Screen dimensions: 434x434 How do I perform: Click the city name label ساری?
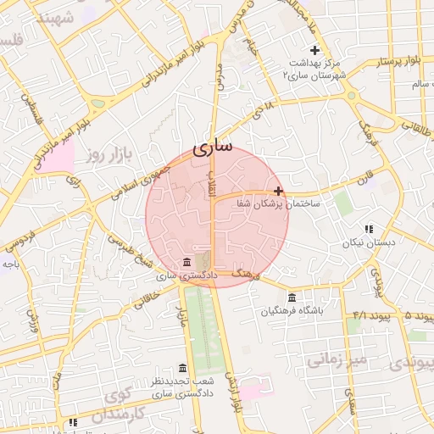(212, 147)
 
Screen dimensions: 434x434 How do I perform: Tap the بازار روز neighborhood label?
(111, 155)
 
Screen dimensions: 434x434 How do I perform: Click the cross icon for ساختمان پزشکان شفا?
(278, 191)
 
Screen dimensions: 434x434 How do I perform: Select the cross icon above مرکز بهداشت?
(314, 51)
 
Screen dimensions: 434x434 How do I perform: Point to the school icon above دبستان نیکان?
(368, 229)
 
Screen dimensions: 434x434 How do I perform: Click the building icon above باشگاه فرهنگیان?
(292, 298)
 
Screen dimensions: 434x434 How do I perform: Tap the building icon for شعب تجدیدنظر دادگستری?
(182, 369)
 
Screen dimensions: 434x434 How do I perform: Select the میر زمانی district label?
(337, 361)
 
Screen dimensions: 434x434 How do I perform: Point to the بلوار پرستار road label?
(400, 62)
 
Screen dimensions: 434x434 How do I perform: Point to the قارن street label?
(364, 180)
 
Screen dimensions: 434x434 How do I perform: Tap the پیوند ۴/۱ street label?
(356, 315)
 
